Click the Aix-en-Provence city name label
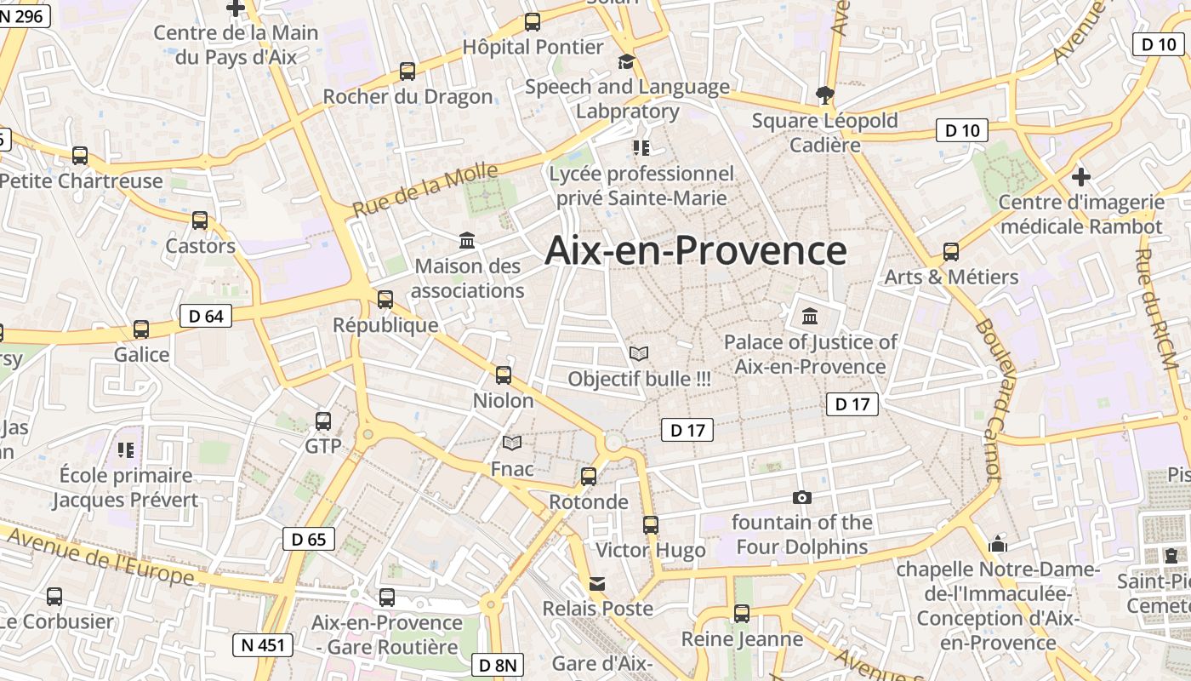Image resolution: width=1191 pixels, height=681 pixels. pos(695,250)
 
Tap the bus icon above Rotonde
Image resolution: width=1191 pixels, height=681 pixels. pos(589,477)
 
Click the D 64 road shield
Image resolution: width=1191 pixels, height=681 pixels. pos(206,317)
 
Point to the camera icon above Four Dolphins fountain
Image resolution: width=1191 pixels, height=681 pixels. pos(801,497)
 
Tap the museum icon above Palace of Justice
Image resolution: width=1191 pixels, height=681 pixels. pos(810,317)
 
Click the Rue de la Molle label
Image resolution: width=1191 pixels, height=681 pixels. pos(425,189)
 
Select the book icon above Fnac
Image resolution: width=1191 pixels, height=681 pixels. pos(512,443)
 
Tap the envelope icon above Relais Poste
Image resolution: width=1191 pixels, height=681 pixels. pos(598,584)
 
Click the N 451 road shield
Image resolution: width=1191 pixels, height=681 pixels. pos(263,645)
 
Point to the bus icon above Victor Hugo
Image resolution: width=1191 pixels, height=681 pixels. pos(651,524)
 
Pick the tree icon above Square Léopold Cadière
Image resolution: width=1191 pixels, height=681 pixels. pos(824,94)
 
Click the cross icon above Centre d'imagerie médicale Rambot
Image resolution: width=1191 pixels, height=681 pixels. pos(1080,177)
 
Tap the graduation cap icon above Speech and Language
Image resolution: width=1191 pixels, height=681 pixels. pos(626,61)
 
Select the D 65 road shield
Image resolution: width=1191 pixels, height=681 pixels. pos(309,539)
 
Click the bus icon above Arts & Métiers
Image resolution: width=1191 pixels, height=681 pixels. pos(951,252)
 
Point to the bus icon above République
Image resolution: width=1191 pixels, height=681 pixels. pos(385,300)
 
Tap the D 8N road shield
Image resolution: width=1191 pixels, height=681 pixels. pos(498,665)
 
